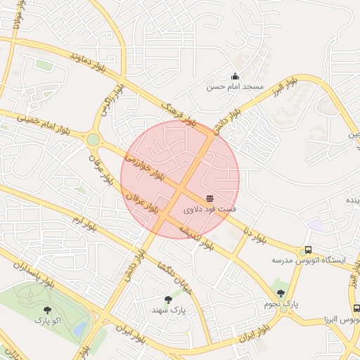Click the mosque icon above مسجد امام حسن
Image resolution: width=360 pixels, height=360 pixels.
[235, 77]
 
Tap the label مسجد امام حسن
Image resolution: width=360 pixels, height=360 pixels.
[235, 87]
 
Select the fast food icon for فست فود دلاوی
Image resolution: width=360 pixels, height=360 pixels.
[210, 199]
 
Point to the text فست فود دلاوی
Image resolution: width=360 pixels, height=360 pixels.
[210, 210]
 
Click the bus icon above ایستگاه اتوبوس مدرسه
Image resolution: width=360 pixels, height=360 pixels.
[307, 250]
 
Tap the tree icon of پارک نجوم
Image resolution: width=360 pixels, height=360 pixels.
[281, 293]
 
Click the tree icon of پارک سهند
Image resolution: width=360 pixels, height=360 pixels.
[167, 300]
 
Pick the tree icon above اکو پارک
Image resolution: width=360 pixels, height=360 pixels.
[48, 309]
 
